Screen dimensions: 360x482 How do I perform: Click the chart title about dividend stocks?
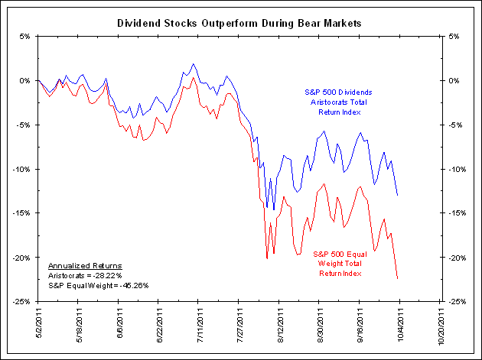tap(239, 23)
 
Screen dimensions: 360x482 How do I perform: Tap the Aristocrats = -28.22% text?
tap(83, 275)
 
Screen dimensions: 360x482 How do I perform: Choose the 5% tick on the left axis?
tap(24, 36)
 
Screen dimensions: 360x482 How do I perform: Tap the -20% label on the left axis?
tap(20, 258)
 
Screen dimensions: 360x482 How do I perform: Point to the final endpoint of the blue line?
tap(398, 195)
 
